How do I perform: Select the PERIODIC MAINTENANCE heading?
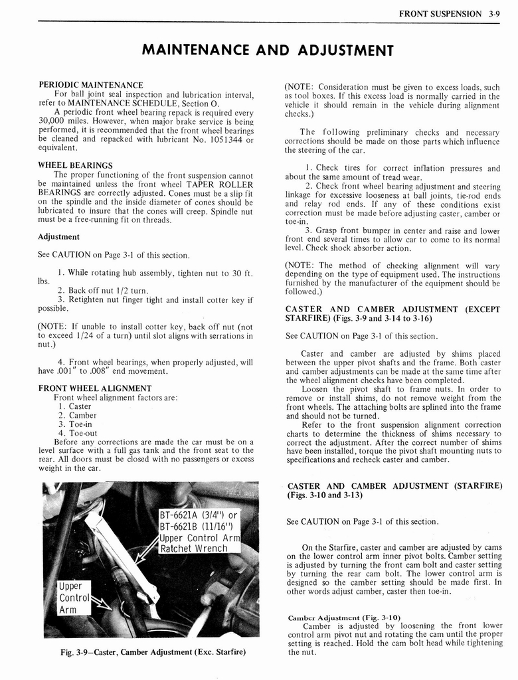coord(90,85)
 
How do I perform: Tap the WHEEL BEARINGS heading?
coord(75,165)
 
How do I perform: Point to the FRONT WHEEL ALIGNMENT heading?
coord(95,388)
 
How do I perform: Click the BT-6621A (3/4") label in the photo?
coord(198,515)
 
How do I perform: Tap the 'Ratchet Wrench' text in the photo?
coord(194,549)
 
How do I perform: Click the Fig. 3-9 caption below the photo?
coord(153,651)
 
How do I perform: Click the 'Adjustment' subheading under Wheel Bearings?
coord(58,236)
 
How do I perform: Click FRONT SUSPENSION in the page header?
coord(440,13)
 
